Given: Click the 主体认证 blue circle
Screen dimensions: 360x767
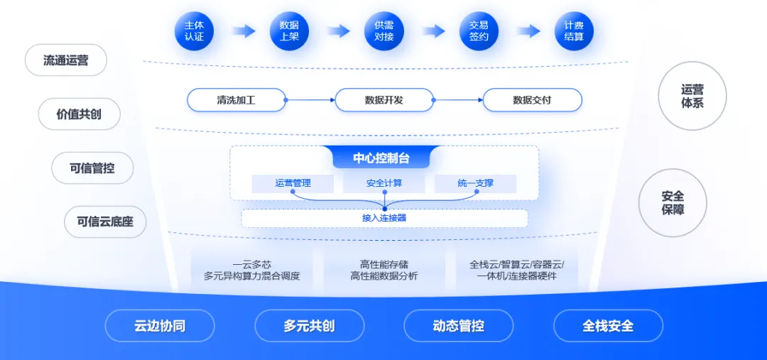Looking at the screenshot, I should [x=194, y=31].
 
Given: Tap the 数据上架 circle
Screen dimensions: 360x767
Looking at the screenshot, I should [x=289, y=31].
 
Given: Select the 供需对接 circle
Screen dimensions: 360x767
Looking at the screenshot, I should [x=383, y=31].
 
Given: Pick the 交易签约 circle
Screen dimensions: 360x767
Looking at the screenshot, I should [x=479, y=31].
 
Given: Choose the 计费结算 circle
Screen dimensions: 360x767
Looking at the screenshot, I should [x=574, y=31].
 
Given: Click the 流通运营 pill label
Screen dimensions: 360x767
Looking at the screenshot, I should [x=66, y=60].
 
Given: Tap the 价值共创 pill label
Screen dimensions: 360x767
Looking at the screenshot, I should [x=79, y=114].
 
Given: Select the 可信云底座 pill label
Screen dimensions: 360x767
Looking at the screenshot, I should [x=105, y=222].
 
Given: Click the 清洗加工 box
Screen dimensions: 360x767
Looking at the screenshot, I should [x=236, y=100].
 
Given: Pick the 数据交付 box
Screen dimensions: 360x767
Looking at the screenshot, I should [x=532, y=100].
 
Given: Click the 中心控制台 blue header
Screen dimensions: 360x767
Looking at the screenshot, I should [x=381, y=158].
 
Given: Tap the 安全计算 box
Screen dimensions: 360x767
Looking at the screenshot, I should [x=384, y=183].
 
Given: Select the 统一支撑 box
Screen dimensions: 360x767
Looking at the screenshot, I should [x=475, y=183].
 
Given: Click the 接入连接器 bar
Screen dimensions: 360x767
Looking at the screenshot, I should [x=384, y=218].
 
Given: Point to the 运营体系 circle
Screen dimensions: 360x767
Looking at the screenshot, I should [x=692, y=97].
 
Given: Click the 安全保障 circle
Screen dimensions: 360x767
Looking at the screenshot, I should [x=673, y=203].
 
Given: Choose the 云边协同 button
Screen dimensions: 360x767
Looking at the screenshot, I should [x=160, y=326].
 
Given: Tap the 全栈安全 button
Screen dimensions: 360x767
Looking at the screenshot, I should [x=608, y=326].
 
